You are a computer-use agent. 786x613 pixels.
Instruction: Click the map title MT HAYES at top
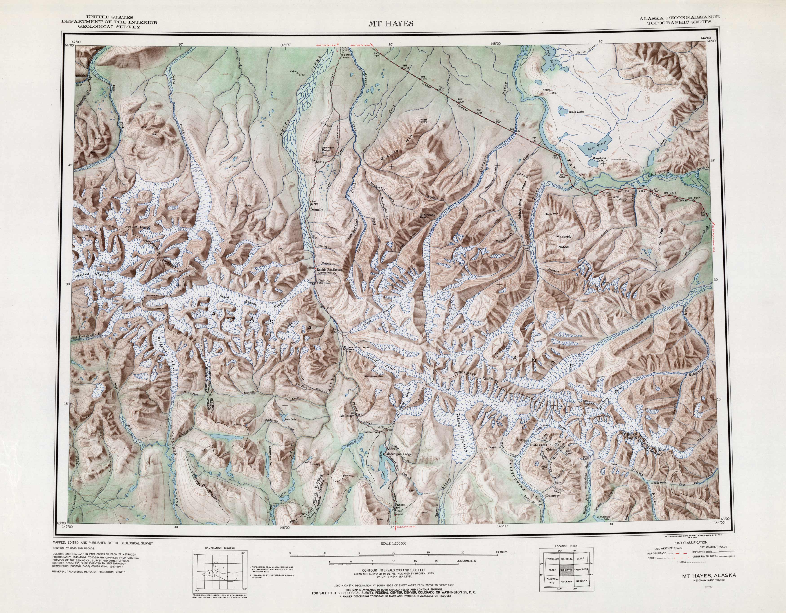[391, 24]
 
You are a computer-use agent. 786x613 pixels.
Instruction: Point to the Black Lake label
[576, 112]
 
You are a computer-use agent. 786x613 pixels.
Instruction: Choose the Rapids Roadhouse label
[329, 269]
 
